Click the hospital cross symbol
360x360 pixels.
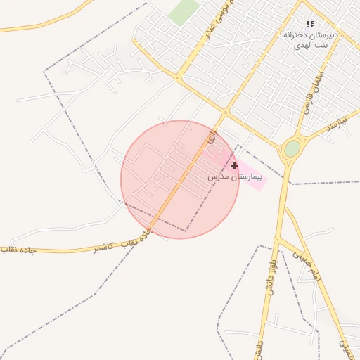(234, 165)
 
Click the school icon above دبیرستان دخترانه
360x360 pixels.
(310, 25)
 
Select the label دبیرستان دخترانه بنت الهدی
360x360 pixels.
(310, 39)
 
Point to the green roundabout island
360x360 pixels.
(292, 148)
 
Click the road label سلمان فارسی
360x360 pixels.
(313, 94)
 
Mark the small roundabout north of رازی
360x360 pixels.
(226, 112)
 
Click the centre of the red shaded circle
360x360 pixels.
(180, 179)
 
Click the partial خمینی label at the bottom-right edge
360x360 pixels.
(344, 346)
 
